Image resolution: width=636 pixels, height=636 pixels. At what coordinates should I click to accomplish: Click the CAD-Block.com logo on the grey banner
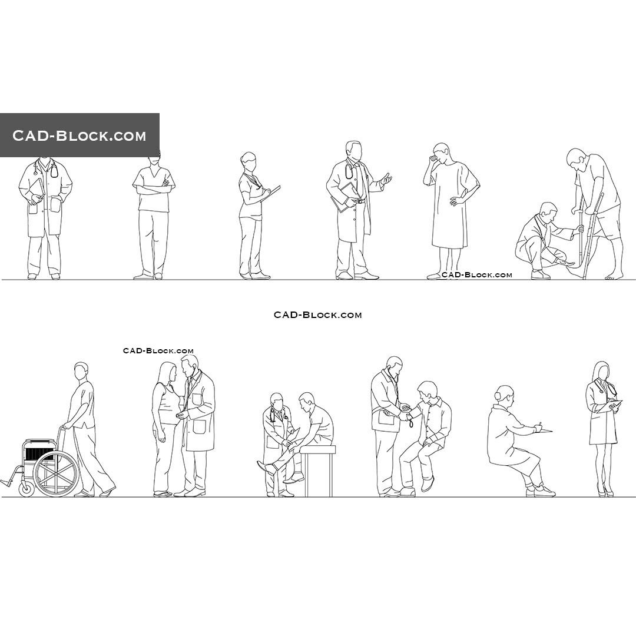coord(79,136)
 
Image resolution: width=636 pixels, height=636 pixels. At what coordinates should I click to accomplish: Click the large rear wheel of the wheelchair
coord(56,473)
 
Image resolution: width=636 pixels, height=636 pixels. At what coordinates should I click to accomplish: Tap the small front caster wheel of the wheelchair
coord(26,489)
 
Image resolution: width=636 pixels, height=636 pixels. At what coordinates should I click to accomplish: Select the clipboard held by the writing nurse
coord(273,192)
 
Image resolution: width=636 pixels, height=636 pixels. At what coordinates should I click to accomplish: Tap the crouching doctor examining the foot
coord(541,238)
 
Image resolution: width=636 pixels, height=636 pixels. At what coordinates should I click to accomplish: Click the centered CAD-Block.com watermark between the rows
coord(317,315)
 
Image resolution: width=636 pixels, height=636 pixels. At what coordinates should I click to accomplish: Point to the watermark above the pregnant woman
coord(158,351)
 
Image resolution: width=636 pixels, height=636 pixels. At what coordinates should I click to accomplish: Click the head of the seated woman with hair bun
coord(504,395)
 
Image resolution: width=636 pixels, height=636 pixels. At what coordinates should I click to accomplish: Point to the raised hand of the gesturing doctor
coord(386,178)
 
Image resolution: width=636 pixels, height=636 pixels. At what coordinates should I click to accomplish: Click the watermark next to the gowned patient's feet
coord(476,275)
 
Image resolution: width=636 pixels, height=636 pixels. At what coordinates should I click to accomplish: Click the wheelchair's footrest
coord(7,482)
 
